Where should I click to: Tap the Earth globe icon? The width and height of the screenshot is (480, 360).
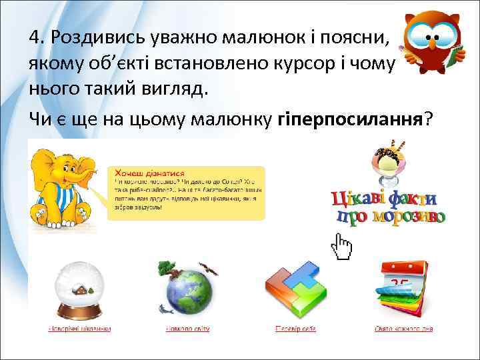coord(190,294)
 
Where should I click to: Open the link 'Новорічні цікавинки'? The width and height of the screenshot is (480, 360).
coord(79,329)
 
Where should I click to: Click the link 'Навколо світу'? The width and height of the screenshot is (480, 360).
coord(189,329)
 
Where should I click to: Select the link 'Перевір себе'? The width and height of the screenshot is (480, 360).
coord(295,329)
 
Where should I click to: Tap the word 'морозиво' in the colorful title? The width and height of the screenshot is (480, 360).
coord(409,217)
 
